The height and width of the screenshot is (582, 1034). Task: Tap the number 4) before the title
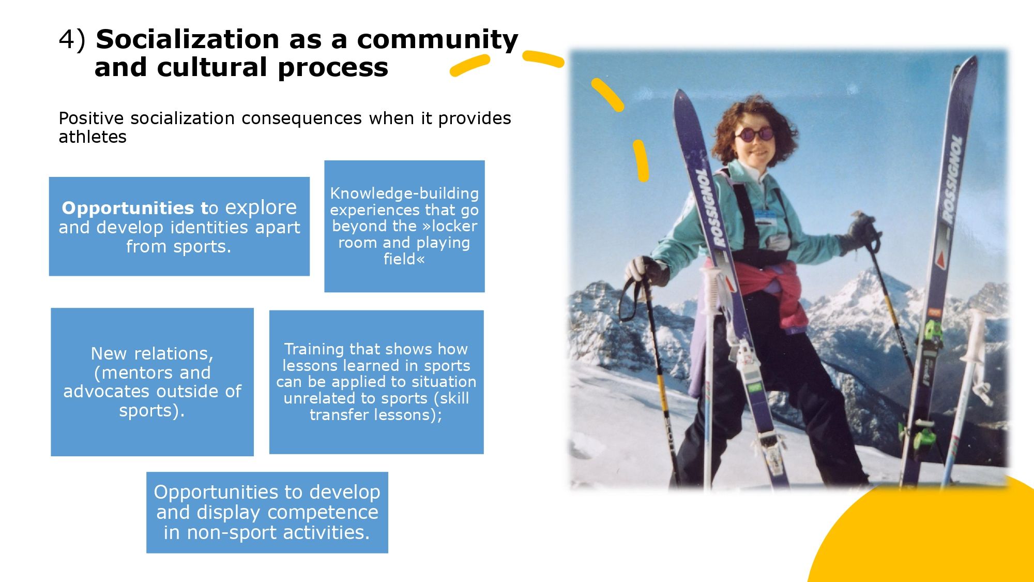(x=72, y=40)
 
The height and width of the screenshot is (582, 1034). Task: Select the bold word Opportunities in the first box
(x=128, y=208)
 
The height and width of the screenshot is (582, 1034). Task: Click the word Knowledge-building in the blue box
(x=404, y=193)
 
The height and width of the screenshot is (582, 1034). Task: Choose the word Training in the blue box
(x=315, y=350)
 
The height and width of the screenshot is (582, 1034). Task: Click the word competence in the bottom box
(x=323, y=513)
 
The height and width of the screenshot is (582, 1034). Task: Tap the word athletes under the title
(x=93, y=137)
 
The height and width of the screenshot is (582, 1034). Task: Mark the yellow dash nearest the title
(x=469, y=66)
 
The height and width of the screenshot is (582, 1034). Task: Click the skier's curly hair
(x=752, y=124)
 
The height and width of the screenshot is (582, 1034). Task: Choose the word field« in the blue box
(x=404, y=259)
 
